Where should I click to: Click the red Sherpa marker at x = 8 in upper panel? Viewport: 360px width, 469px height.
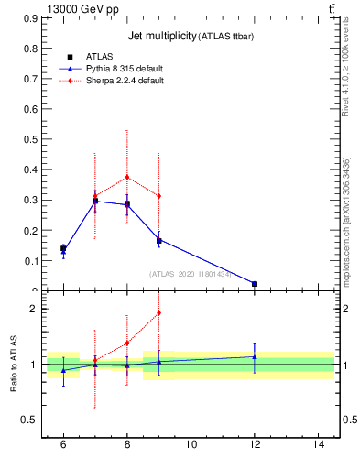[x=127, y=177]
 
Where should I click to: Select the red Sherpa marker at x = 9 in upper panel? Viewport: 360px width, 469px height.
[x=159, y=196]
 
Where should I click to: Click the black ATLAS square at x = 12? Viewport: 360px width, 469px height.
[x=255, y=284]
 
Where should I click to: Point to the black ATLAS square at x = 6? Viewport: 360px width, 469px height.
[x=63, y=248]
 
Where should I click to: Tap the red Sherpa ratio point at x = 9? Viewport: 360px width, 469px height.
[x=159, y=312]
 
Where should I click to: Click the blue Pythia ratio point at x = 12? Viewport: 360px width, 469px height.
[x=255, y=356]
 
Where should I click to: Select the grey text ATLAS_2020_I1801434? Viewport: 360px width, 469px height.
[x=191, y=273]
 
